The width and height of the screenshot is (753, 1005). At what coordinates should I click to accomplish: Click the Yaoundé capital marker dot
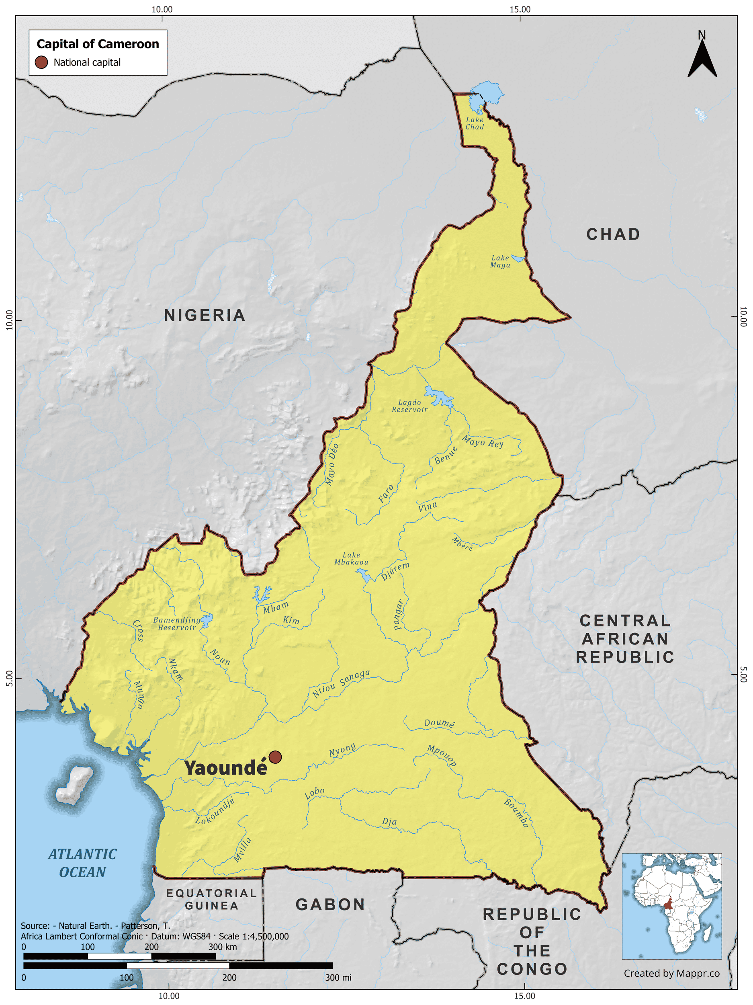coord(275,757)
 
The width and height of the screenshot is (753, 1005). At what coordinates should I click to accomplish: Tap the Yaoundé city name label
coord(226,768)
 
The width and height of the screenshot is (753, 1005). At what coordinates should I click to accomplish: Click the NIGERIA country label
coord(205,315)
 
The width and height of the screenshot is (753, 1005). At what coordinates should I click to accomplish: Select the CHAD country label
coord(613,234)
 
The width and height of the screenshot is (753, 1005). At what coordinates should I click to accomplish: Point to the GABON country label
coord(330,904)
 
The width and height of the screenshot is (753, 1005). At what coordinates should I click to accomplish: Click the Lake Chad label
coord(475,123)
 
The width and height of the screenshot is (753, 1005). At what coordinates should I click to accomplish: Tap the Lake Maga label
coord(500,262)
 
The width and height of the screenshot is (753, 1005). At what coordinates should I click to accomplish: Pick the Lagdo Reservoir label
coord(410,406)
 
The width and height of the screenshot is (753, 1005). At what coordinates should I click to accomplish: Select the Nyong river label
coord(342,750)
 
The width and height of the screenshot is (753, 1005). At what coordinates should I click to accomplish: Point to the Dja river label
coord(389,821)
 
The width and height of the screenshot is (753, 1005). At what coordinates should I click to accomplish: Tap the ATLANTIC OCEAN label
coord(82,863)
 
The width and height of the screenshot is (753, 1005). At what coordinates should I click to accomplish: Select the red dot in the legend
coord(41,62)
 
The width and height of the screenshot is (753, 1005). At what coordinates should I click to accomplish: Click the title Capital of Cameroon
coord(98,44)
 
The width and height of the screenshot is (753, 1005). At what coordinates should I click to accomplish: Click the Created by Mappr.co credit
coord(671,973)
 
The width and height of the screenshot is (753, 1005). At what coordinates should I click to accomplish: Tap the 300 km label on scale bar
coord(223,947)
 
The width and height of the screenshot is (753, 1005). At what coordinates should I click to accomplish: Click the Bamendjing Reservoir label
coord(177,624)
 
